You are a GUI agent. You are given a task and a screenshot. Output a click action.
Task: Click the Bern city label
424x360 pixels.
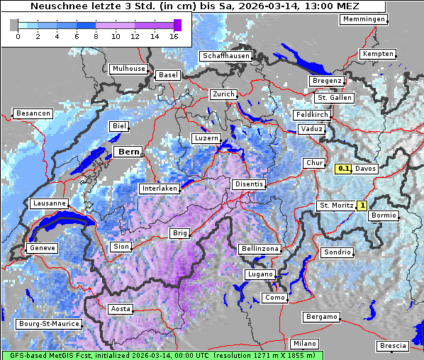click(x=129, y=152)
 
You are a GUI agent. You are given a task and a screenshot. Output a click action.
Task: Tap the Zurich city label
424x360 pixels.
click(x=223, y=94)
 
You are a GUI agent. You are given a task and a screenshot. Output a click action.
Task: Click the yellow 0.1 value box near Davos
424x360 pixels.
click(x=343, y=169)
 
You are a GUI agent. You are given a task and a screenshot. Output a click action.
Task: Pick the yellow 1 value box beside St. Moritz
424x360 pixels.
click(x=362, y=206)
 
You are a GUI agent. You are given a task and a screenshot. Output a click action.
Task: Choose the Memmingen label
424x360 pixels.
click(x=364, y=19)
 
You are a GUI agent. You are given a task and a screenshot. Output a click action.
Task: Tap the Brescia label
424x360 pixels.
click(x=393, y=346)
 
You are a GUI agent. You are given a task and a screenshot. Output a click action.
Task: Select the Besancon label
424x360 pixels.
click(x=33, y=113)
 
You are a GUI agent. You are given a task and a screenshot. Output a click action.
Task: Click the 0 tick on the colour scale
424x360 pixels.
click(x=17, y=36)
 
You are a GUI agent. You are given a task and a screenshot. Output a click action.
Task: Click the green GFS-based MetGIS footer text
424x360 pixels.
click(x=162, y=355)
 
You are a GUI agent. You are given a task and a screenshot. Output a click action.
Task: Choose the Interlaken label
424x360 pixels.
click(x=159, y=189)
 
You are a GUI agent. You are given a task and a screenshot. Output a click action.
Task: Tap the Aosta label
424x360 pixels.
click(x=120, y=309)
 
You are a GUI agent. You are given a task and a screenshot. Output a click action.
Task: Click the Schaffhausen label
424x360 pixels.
click(x=225, y=56)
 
